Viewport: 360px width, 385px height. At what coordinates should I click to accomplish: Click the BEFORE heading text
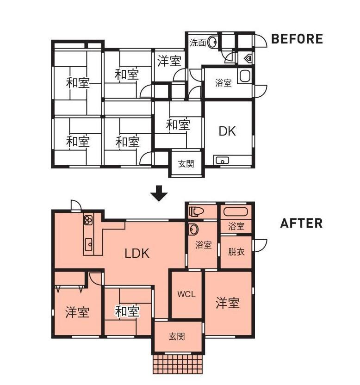tap(297, 39)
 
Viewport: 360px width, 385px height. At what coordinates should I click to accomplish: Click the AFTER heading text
tap(301, 223)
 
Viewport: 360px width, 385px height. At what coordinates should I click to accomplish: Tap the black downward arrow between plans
tap(159, 193)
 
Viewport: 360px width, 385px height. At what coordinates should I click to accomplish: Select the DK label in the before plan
tap(227, 131)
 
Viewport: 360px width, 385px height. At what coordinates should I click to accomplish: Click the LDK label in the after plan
tap(137, 253)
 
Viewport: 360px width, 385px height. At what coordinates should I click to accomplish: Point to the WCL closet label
tap(186, 294)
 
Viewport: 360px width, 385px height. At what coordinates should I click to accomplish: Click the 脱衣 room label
tap(236, 252)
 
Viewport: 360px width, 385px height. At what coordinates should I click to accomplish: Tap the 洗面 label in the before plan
tap(198, 43)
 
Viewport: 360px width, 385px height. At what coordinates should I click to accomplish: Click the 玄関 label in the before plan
tap(186, 164)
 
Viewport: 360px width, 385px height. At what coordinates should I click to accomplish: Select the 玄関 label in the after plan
tap(177, 336)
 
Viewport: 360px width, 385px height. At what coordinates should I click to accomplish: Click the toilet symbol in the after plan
tap(197, 211)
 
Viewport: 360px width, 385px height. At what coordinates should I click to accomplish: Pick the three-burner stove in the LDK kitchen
tap(88, 220)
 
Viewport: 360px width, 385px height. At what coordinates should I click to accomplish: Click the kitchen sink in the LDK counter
tap(88, 244)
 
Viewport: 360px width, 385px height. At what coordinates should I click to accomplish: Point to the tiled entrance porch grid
tap(178, 363)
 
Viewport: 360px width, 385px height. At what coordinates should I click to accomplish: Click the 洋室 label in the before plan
tap(169, 61)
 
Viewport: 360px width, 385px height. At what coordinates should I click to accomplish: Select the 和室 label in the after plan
tap(127, 311)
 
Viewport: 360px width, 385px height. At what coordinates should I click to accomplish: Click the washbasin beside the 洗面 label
tap(212, 42)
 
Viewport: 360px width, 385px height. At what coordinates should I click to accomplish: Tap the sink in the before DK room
tap(222, 161)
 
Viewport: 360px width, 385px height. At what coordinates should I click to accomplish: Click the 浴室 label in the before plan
tap(223, 83)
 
